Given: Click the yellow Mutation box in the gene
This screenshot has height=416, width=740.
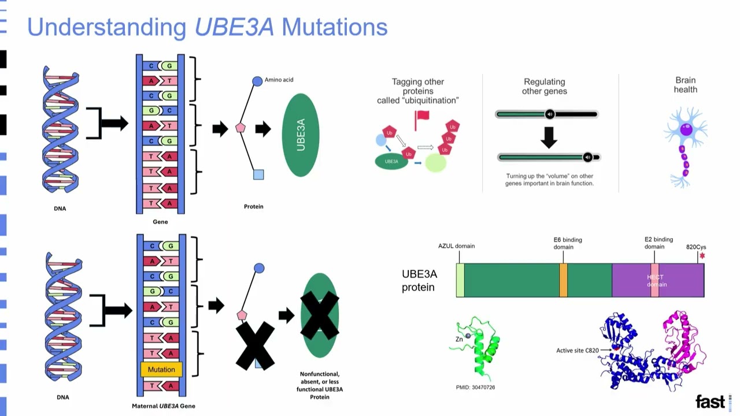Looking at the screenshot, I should (x=161, y=369).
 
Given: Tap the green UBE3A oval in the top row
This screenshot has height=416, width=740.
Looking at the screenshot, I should (x=301, y=135).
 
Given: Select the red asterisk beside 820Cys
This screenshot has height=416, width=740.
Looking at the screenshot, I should (x=702, y=255).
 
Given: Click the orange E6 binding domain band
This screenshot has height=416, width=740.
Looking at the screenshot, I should (x=563, y=280).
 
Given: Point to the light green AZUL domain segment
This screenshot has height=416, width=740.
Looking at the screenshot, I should (x=460, y=280).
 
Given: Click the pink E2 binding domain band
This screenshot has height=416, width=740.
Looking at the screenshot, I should (x=654, y=280).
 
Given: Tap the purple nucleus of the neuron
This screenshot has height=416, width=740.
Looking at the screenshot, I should (x=686, y=130).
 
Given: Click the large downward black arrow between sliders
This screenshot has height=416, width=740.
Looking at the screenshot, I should (x=548, y=137).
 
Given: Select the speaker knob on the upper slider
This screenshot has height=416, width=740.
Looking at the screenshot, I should (x=550, y=114).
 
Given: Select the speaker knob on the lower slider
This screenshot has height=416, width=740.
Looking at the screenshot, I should (x=587, y=157).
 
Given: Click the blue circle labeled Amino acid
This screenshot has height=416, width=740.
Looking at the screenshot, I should (x=257, y=81).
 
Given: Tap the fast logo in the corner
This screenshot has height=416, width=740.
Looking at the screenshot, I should (x=710, y=402).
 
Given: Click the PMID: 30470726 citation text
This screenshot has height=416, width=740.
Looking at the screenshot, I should (x=475, y=387).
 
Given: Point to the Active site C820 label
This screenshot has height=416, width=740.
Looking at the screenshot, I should (x=577, y=351).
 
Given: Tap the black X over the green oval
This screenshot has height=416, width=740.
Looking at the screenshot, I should (x=320, y=315).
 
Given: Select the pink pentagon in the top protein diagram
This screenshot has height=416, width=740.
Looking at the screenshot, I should (x=240, y=128).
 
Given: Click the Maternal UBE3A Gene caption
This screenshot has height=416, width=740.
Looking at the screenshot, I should (x=164, y=406).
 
